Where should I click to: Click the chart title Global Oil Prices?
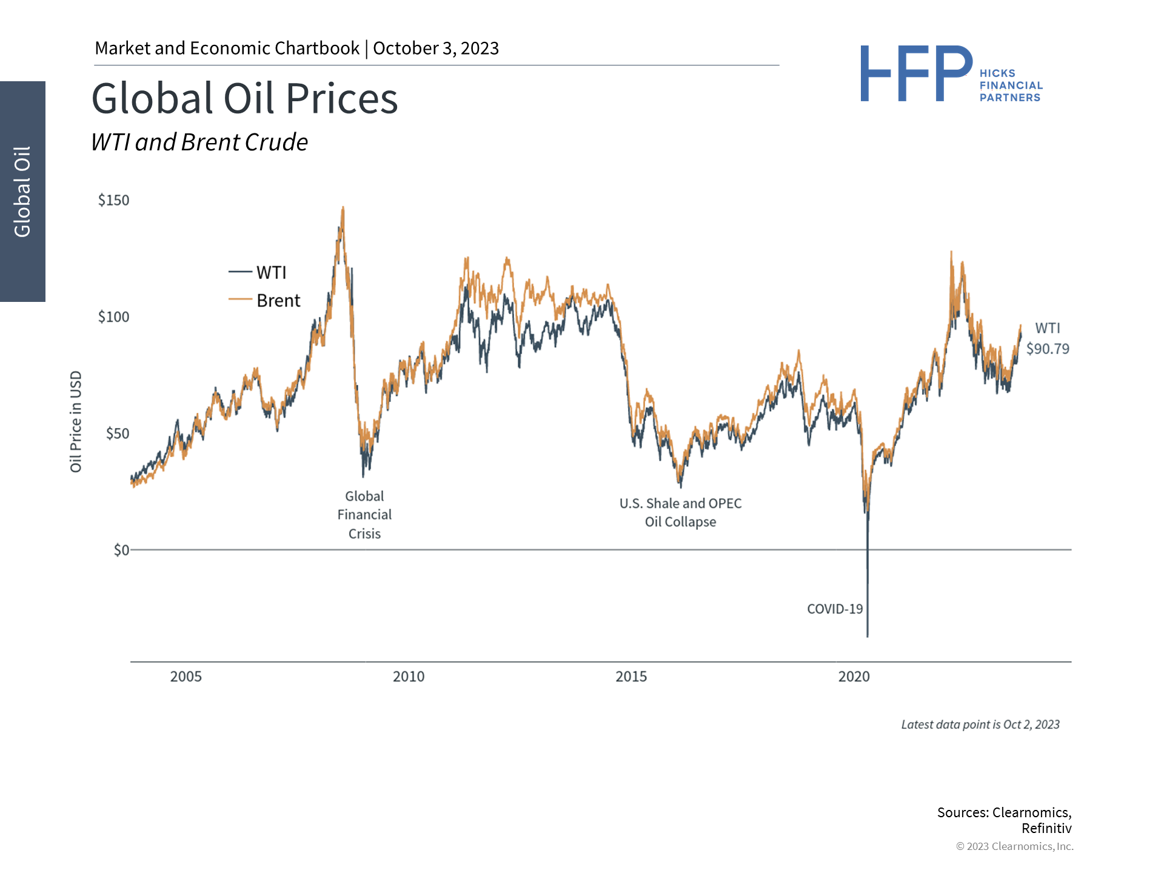point(244,98)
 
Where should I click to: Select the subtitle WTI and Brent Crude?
point(199,142)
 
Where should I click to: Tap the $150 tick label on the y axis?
point(113,200)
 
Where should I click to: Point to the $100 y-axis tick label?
point(113,316)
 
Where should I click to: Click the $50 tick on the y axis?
point(118,433)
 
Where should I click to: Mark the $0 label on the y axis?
point(121,550)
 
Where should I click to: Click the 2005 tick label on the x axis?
point(186,677)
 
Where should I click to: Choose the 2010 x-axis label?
point(409,677)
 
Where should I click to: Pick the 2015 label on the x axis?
point(631,677)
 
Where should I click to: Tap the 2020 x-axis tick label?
point(854,677)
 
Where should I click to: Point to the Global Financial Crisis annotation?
point(364,515)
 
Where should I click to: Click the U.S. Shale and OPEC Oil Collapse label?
point(680,512)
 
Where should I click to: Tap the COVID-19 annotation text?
point(835,609)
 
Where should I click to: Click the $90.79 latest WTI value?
point(1048,349)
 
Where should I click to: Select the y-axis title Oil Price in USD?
point(76,421)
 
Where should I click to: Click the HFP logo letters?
point(915,74)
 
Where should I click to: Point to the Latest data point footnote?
point(980,724)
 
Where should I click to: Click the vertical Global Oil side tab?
point(22,192)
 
